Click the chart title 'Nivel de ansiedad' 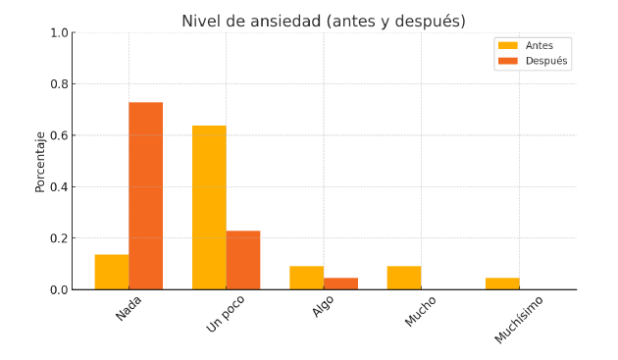pyautogui.click(x=252, y=21)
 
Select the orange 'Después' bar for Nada pyautogui.click(x=146, y=196)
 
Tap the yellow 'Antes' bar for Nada pyautogui.click(x=112, y=272)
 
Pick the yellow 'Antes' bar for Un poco pyautogui.click(x=209, y=207)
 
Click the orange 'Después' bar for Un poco pyautogui.click(x=243, y=260)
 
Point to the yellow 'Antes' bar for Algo pyautogui.click(x=307, y=278)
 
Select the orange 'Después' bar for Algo pyautogui.click(x=341, y=283)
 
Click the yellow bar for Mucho pyautogui.click(x=404, y=278)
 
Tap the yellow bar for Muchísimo pyautogui.click(x=502, y=283)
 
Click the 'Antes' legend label pyautogui.click(x=540, y=46)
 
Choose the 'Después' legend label pyautogui.click(x=546, y=61)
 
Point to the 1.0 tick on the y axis pyautogui.click(x=59, y=32)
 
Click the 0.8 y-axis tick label pyautogui.click(x=59, y=84)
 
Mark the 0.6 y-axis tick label pyautogui.click(x=59, y=135)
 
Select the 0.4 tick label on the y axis pyautogui.click(x=59, y=187)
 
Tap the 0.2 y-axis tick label pyautogui.click(x=59, y=238)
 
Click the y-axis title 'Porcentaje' pyautogui.click(x=40, y=162)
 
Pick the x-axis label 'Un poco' pyautogui.click(x=226, y=314)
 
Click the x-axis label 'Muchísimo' pyautogui.click(x=519, y=320)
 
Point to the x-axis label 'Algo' pyautogui.click(x=323, y=306)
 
